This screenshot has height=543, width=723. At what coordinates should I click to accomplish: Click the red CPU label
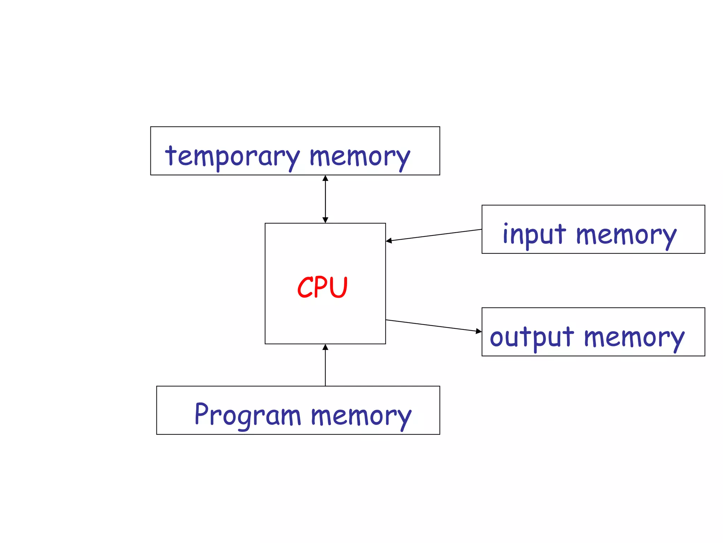pyautogui.click(x=322, y=287)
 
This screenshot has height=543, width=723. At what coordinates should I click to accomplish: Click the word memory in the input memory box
pyautogui.click(x=626, y=235)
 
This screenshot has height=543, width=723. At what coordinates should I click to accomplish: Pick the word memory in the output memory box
pyautogui.click(x=634, y=338)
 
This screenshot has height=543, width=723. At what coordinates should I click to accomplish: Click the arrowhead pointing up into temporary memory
pyautogui.click(x=325, y=178)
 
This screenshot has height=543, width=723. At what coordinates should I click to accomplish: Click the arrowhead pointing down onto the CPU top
pyautogui.click(x=325, y=220)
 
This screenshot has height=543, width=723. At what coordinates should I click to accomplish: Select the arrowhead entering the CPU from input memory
pyautogui.click(x=389, y=241)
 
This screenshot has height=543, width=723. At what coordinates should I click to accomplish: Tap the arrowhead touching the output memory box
pyautogui.click(x=478, y=331)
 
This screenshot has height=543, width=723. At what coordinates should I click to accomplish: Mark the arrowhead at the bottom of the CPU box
pyautogui.click(x=325, y=347)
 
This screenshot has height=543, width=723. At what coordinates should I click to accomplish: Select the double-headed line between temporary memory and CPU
pyautogui.click(x=325, y=199)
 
